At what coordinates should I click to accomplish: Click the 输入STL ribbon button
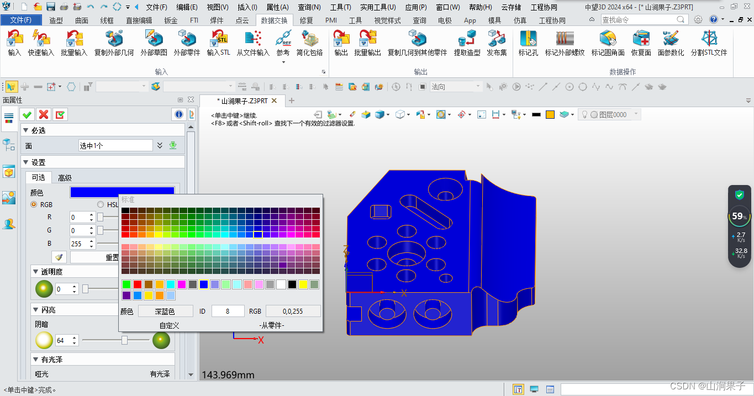click(218, 43)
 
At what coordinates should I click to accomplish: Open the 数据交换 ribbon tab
click(274, 20)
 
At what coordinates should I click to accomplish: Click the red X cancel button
click(44, 114)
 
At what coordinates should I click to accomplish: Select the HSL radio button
click(101, 204)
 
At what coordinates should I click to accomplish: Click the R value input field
click(81, 217)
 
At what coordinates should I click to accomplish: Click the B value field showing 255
click(81, 244)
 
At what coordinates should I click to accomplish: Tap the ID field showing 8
click(228, 311)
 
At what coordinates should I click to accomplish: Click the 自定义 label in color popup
click(170, 325)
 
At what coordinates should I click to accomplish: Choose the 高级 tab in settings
click(65, 178)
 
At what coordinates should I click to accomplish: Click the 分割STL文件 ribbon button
click(709, 43)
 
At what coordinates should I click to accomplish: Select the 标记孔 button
click(528, 43)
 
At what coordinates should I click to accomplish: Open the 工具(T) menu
click(340, 7)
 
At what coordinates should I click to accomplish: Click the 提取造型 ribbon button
click(467, 43)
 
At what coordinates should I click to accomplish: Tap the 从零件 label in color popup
click(272, 325)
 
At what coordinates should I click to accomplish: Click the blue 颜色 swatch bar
click(122, 192)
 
